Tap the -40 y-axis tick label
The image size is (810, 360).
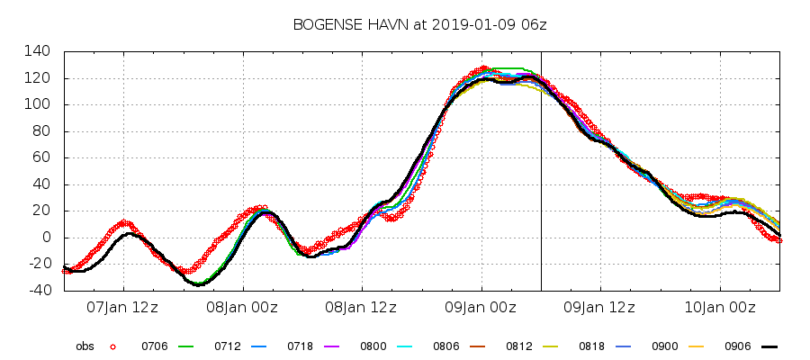tap(40, 291)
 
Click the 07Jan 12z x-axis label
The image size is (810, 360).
tap(122, 308)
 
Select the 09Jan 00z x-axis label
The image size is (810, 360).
tap(481, 308)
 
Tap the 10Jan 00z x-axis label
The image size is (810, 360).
tap(720, 308)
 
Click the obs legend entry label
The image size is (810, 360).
tap(85, 346)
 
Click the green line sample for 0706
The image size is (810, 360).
tap(186, 346)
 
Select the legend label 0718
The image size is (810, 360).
tap(300, 346)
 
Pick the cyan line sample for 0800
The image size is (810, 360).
tap(405, 346)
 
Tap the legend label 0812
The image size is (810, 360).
tap(518, 346)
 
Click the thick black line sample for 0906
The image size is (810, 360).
tap(769, 346)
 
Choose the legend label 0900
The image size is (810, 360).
tap(664, 346)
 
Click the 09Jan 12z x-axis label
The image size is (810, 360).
tap(599, 308)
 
